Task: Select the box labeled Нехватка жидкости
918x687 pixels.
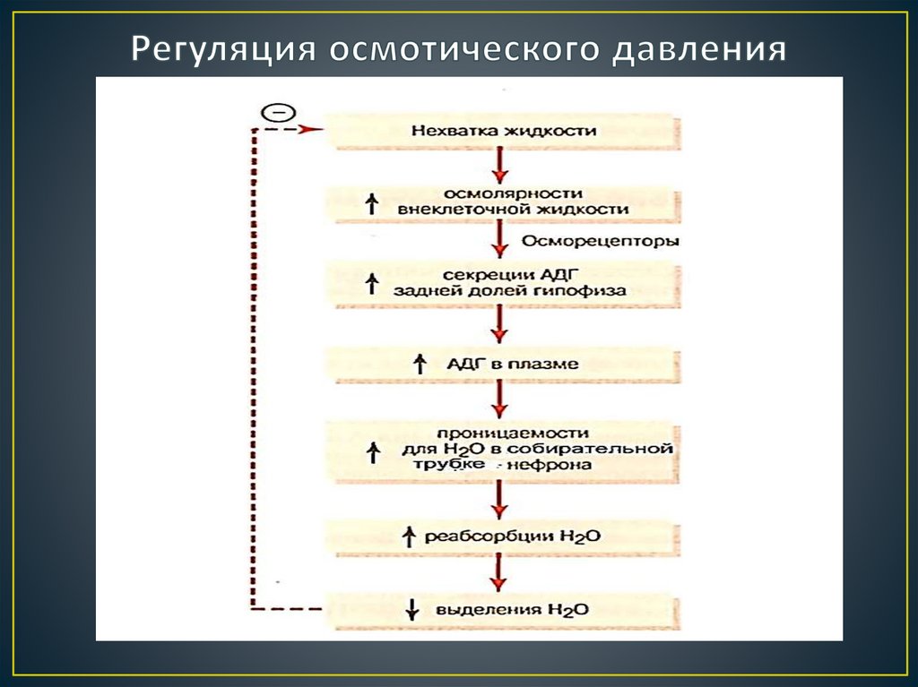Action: click(x=504, y=130)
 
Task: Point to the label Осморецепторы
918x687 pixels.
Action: click(x=600, y=241)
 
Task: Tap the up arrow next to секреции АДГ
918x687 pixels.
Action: click(x=372, y=284)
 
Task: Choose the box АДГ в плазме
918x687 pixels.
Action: click(x=504, y=364)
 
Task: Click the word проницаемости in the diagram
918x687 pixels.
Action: click(x=504, y=433)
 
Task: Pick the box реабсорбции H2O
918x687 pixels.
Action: click(x=504, y=536)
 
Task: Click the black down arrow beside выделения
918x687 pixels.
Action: click(x=412, y=609)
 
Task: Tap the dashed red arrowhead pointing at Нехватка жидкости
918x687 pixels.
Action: click(x=311, y=129)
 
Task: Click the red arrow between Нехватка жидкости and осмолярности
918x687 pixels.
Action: click(x=499, y=166)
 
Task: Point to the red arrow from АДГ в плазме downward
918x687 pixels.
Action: click(x=499, y=399)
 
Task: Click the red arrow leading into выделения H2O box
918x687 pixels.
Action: click(x=498, y=572)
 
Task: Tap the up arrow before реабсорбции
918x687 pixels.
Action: click(x=409, y=536)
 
